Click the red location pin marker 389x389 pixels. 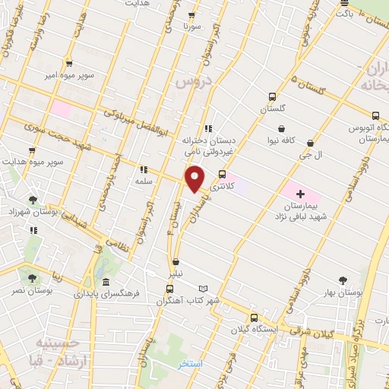[x=195, y=179]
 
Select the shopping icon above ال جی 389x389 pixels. [x=311, y=142]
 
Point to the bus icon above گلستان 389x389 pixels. [x=271, y=96]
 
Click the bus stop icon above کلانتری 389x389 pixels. [x=221, y=173]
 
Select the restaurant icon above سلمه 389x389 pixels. [x=143, y=170]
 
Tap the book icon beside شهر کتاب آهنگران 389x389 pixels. [x=203, y=289]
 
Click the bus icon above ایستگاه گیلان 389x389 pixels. [x=254, y=318]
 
